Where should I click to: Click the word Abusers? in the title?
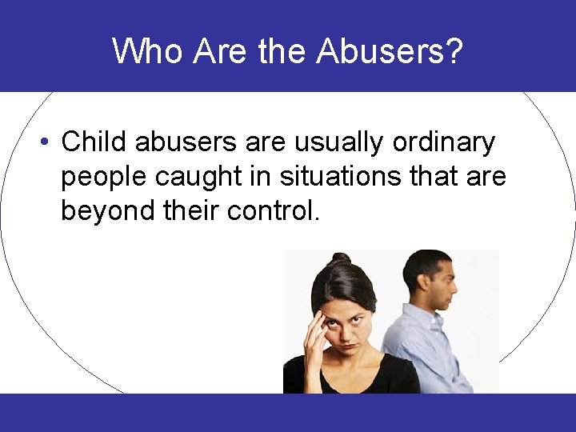(390, 50)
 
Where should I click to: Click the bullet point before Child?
(47, 142)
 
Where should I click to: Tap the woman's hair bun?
(341, 259)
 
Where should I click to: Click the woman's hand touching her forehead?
(314, 329)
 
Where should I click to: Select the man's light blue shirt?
(432, 352)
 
